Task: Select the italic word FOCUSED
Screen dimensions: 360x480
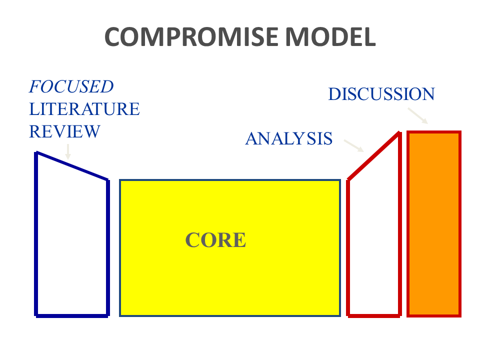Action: point(71,87)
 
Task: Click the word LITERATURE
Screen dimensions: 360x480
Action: point(84,109)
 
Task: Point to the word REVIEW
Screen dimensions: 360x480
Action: point(64,131)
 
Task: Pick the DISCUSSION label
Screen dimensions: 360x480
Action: point(381,94)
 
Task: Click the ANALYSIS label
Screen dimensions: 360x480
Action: point(288,138)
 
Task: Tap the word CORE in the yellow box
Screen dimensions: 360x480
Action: point(216,240)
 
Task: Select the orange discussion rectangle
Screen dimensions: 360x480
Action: point(434,224)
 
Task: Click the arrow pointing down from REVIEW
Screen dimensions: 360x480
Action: point(68,151)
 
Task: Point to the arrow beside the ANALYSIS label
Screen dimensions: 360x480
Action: point(354,145)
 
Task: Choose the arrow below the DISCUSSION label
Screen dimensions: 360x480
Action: point(417,115)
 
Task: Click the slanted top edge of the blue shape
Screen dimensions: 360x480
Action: point(72,166)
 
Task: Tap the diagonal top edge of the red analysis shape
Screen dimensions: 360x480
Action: point(373,155)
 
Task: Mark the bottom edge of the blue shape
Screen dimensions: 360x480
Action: point(72,315)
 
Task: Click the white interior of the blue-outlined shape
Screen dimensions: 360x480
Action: point(72,240)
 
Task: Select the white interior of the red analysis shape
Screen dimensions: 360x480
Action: point(374,240)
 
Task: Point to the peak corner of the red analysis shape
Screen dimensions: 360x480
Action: point(398,133)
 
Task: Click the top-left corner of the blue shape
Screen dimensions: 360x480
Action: point(36,153)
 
